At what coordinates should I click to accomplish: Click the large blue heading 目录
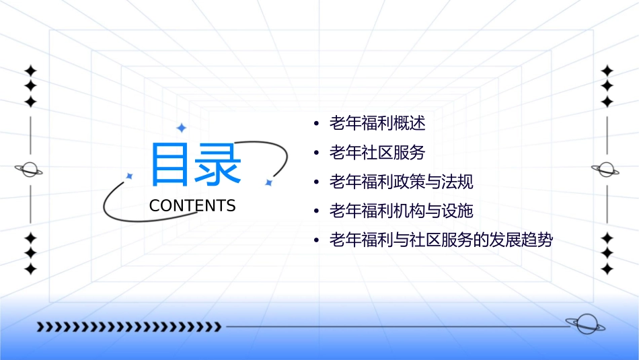(x=195, y=164)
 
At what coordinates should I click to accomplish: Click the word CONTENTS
(x=192, y=206)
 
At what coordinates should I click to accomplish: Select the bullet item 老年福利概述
(x=377, y=123)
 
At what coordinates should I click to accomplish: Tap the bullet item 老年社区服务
(x=377, y=153)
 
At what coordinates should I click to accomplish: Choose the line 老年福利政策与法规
(x=402, y=182)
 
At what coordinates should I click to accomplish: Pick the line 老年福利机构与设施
(x=402, y=211)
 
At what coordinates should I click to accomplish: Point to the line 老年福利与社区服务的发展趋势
(x=441, y=240)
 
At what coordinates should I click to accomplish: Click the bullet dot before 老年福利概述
(x=316, y=124)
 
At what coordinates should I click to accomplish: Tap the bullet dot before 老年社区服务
(x=316, y=153)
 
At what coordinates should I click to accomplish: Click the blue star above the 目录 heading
(x=180, y=127)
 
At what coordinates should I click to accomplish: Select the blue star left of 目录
(x=130, y=176)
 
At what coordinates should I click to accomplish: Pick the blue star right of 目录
(x=268, y=182)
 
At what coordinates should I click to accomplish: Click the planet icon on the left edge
(x=30, y=170)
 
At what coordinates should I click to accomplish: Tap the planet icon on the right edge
(x=606, y=170)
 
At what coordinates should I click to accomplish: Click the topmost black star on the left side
(x=30, y=71)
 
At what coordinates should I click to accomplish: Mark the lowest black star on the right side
(x=607, y=269)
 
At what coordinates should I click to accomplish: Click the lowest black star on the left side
(x=30, y=269)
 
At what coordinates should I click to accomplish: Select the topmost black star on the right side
(x=607, y=71)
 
